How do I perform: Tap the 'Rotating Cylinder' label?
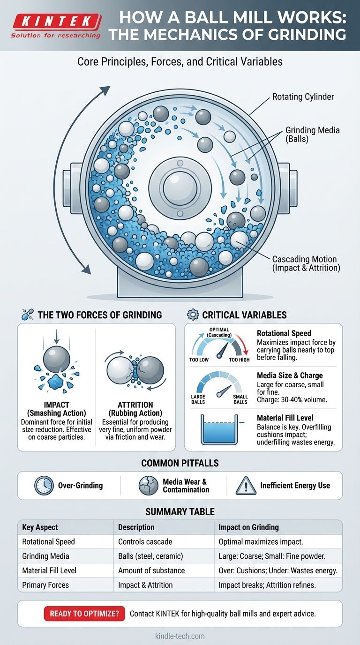pos(303,97)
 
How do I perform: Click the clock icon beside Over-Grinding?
pos(44,486)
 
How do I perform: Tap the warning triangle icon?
pos(247,486)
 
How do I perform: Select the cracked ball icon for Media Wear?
pos(149,486)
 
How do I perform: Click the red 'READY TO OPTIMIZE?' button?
pos(84,614)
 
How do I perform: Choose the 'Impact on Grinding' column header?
pos(248,527)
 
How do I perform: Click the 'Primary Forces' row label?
pos(45,585)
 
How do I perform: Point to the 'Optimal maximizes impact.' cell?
pos(261,541)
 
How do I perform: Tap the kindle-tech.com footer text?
pos(180,636)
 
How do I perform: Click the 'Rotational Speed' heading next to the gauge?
pos(284,333)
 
